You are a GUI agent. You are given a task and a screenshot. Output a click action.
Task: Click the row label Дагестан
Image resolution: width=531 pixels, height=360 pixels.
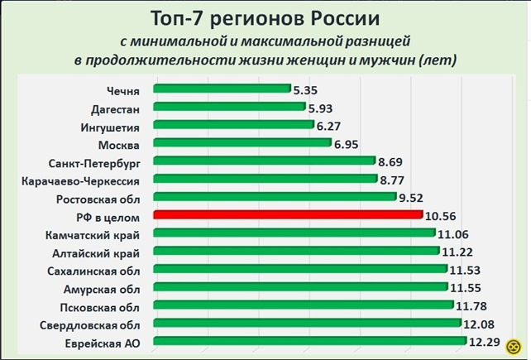point(115,108)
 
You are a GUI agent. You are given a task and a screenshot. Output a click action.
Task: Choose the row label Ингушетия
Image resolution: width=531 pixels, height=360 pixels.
point(110,127)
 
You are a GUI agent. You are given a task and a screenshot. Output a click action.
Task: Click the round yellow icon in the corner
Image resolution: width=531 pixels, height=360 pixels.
point(513,345)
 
